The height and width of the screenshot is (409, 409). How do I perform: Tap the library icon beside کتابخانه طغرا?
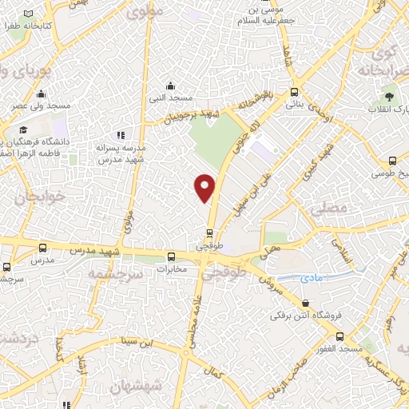coord(30,15)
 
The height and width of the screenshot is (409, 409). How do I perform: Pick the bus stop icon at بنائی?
coord(295,92)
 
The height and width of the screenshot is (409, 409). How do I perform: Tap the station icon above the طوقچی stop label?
coord(209,233)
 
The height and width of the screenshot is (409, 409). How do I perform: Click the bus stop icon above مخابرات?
coord(171,256)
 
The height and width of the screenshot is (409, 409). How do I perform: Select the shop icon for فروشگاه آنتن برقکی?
coord(308,303)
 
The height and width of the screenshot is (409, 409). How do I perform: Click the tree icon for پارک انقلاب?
coord(375,108)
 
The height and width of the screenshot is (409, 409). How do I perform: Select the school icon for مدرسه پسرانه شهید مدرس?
coord(121,136)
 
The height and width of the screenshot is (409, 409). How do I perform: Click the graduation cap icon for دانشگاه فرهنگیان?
coord(23,129)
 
